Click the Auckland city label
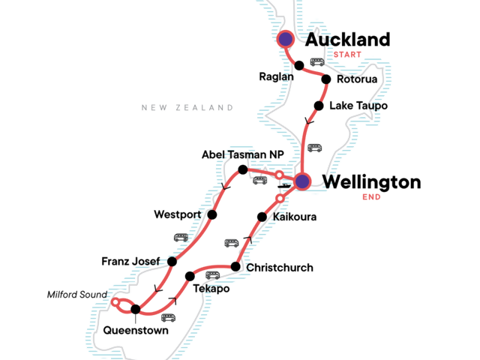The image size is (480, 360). [x=348, y=39]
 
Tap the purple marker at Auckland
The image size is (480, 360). [x=286, y=40]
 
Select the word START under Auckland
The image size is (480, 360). [x=348, y=55]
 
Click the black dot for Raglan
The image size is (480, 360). [x=299, y=65]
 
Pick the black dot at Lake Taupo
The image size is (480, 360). [x=319, y=106]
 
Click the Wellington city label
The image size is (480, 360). [x=371, y=182]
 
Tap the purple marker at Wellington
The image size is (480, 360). [x=301, y=181]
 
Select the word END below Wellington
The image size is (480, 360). [x=371, y=198]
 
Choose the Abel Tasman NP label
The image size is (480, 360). [x=239, y=154]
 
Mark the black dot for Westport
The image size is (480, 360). [x=212, y=214]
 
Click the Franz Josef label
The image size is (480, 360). [x=131, y=262]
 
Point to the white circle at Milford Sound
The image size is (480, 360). [x=115, y=302]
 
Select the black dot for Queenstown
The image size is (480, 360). [x=136, y=309]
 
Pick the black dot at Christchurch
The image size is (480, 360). [x=235, y=267]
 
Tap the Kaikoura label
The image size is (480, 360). [x=295, y=217]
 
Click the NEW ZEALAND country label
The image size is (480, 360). [x=187, y=108]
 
